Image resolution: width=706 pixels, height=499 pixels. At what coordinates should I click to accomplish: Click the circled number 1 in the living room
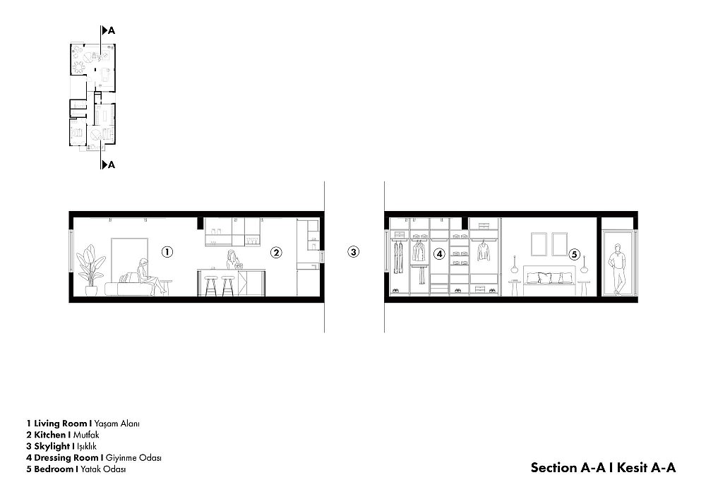[x=167, y=252]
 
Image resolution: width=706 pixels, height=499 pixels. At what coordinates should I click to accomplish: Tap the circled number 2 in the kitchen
[x=276, y=253]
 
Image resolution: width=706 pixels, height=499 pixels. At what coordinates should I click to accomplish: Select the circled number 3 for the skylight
[x=354, y=252]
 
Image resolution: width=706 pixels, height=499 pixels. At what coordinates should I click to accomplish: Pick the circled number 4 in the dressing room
[x=439, y=254]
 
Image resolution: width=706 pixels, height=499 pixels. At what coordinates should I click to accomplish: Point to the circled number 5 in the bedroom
[x=574, y=255]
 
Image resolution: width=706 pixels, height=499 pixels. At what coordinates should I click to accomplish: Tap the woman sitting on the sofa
[x=148, y=277]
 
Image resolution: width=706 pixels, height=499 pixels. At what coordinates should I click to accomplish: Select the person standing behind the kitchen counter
[x=233, y=260]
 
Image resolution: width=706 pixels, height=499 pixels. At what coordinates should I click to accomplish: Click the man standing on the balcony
[x=618, y=269]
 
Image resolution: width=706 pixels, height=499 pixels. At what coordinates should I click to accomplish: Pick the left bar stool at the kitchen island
[x=210, y=286]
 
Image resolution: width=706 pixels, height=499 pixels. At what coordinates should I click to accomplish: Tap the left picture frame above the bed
[x=539, y=244]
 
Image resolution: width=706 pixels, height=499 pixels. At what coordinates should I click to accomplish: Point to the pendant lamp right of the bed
[x=584, y=265]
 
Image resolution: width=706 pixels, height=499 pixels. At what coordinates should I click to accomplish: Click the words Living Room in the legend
[x=60, y=423]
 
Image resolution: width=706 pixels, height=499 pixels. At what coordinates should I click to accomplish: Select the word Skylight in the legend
[x=52, y=446]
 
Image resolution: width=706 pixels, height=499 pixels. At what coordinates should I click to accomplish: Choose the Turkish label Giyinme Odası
[x=133, y=457]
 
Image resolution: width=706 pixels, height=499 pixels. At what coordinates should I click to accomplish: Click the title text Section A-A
[x=568, y=467]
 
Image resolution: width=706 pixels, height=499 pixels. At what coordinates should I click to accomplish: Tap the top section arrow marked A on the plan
[x=109, y=30]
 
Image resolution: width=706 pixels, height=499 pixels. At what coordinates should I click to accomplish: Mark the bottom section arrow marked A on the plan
[x=109, y=164]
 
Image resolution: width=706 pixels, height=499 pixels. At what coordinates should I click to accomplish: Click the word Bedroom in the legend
[x=53, y=469]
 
